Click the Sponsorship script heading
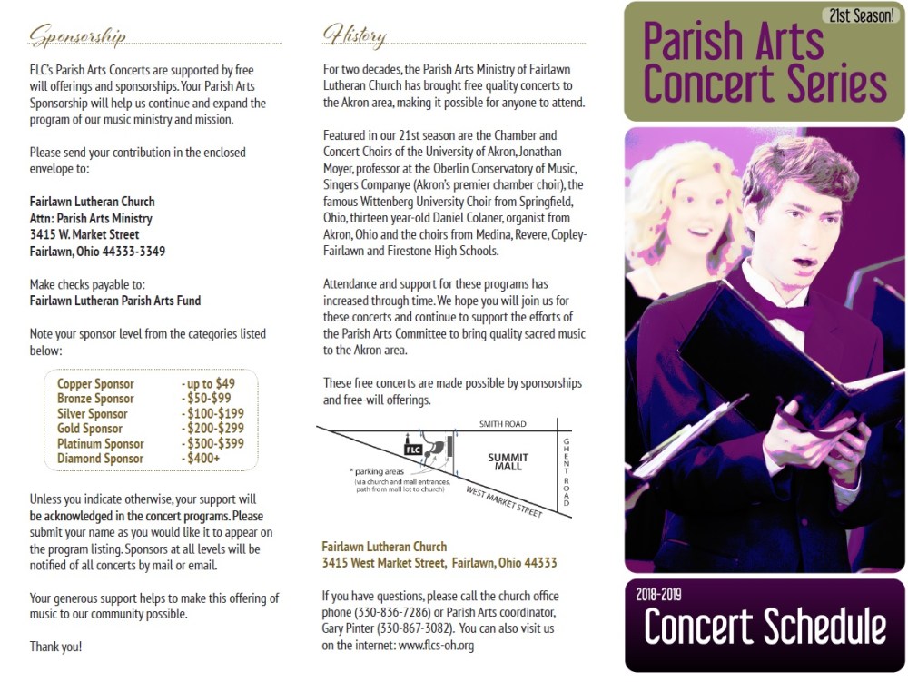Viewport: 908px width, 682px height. [x=77, y=35]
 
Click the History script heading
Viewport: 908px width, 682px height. [x=354, y=35]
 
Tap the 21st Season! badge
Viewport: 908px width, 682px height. [x=860, y=15]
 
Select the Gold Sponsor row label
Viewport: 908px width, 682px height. [x=90, y=429]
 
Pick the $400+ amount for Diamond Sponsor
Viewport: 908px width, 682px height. [x=201, y=459]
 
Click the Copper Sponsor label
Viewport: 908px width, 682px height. [x=95, y=384]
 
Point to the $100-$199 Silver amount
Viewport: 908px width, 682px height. [x=212, y=414]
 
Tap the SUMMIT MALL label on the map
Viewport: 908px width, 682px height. [x=505, y=460]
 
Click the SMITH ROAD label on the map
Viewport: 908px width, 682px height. [x=503, y=423]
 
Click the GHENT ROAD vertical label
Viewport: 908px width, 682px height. [x=567, y=472]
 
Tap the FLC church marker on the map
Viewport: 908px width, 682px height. [x=413, y=449]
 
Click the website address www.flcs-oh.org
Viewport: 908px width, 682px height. [x=436, y=646]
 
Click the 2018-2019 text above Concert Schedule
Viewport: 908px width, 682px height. [x=659, y=596]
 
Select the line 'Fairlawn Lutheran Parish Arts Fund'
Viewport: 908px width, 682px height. [x=115, y=301]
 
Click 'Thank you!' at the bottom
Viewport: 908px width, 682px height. [x=55, y=647]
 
